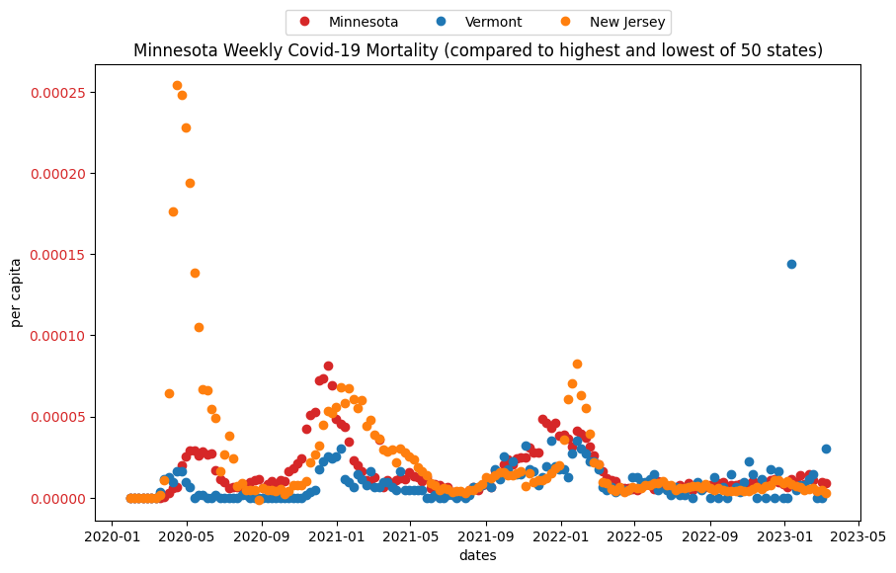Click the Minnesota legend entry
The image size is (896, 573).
pos(349,22)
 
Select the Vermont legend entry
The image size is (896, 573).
pos(479,22)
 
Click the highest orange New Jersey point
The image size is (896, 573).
pos(177,86)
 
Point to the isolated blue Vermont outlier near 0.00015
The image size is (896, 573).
pos(791,264)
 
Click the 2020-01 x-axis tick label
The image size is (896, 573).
pos(112,536)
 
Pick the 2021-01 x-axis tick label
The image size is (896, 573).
pos(337,536)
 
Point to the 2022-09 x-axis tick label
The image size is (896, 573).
pos(711,536)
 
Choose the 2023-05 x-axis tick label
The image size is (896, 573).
pos(858,536)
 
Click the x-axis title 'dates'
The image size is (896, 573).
pos(478,555)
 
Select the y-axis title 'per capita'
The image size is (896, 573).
pos(16,292)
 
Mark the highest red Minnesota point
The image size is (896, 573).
pos(328,366)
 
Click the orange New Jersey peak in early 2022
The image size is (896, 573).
pos(577,364)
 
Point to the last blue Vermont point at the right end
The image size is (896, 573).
pos(826,450)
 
